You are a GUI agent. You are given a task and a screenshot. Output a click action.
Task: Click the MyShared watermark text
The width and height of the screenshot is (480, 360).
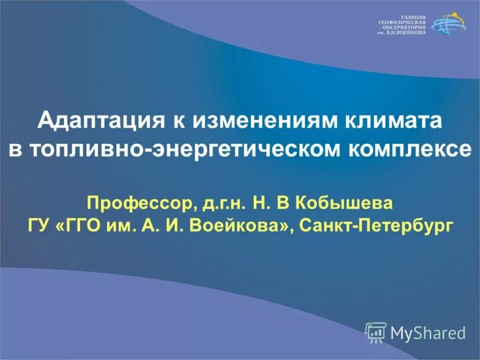tap(428, 332)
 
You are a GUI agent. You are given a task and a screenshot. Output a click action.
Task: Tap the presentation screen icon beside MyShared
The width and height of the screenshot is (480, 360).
tap(375, 331)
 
